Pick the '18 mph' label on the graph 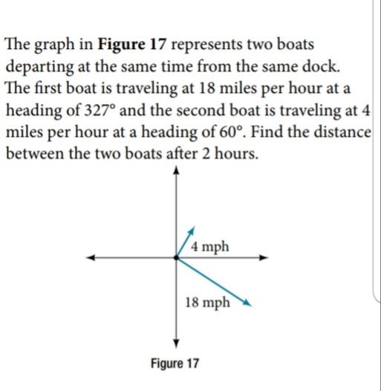(208, 303)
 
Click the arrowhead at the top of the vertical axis (175, 169)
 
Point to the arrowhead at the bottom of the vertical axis (175, 343)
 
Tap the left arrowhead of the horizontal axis (88, 259)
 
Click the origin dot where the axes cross (175, 259)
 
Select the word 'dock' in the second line (325, 66)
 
